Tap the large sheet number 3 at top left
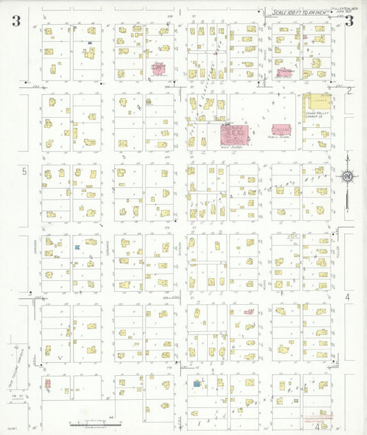(15, 21)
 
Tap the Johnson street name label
(30, 246)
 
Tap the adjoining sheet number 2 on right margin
(349, 90)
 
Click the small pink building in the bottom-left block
(48, 383)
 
